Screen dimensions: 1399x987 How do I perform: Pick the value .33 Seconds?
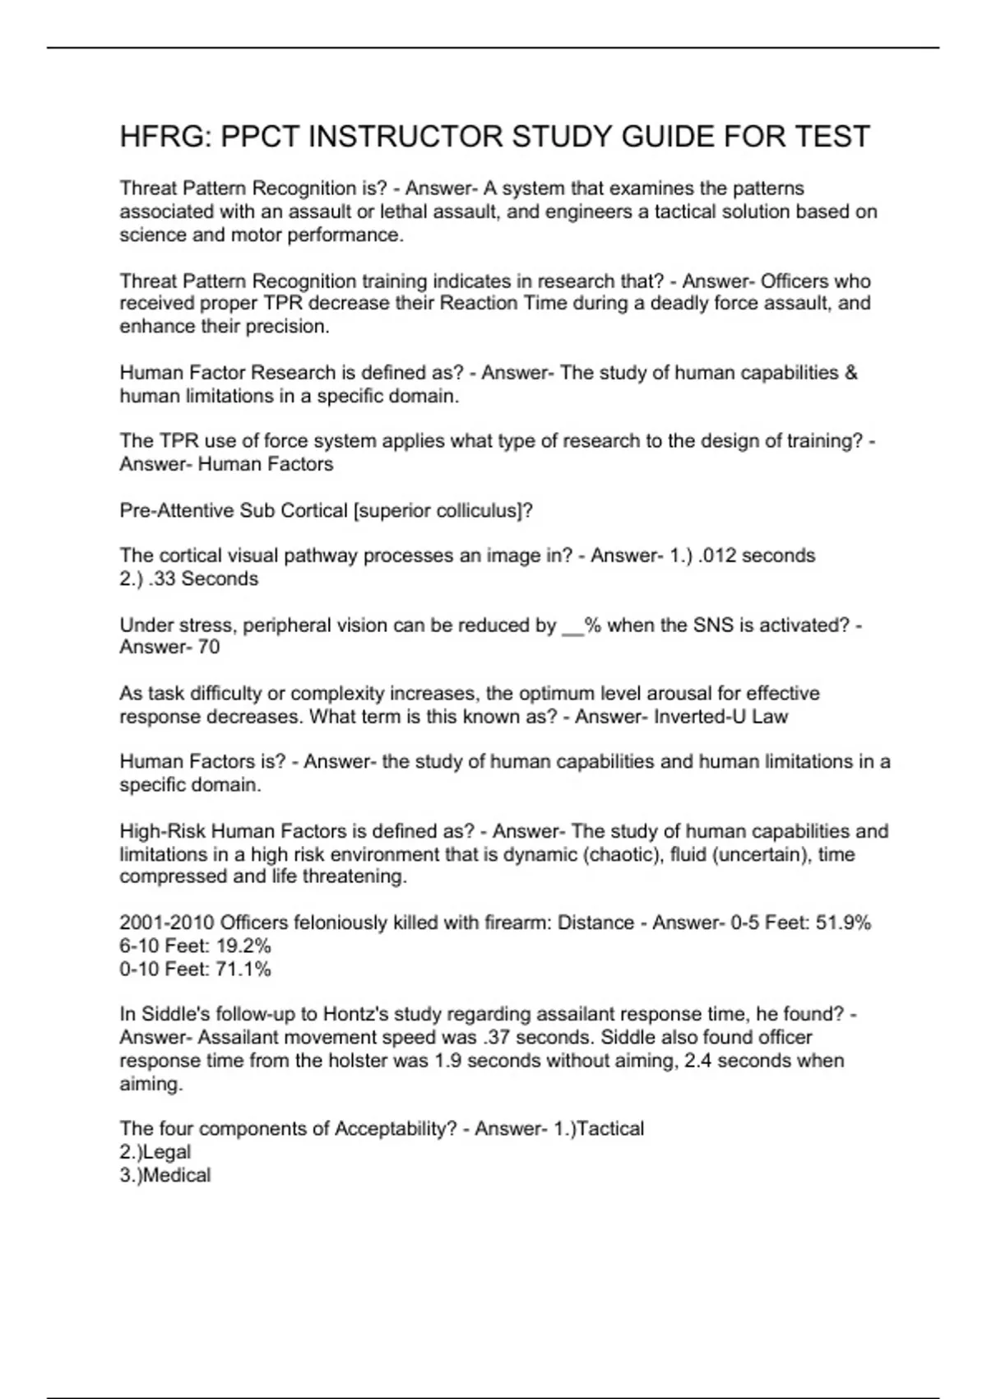[x=204, y=579]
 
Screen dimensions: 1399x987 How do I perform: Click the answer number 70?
[x=209, y=647]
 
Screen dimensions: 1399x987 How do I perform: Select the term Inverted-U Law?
[x=721, y=717]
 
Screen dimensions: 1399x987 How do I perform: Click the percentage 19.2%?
[x=243, y=946]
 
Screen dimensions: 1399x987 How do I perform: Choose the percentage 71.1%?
[x=243, y=969]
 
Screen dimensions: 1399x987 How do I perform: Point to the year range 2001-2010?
[x=167, y=923]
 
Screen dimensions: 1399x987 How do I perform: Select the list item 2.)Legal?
[x=155, y=1151]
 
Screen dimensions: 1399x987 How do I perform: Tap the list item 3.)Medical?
[x=165, y=1174]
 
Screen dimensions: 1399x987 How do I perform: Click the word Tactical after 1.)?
[x=609, y=1128]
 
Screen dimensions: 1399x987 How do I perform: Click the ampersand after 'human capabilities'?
[x=850, y=373]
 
